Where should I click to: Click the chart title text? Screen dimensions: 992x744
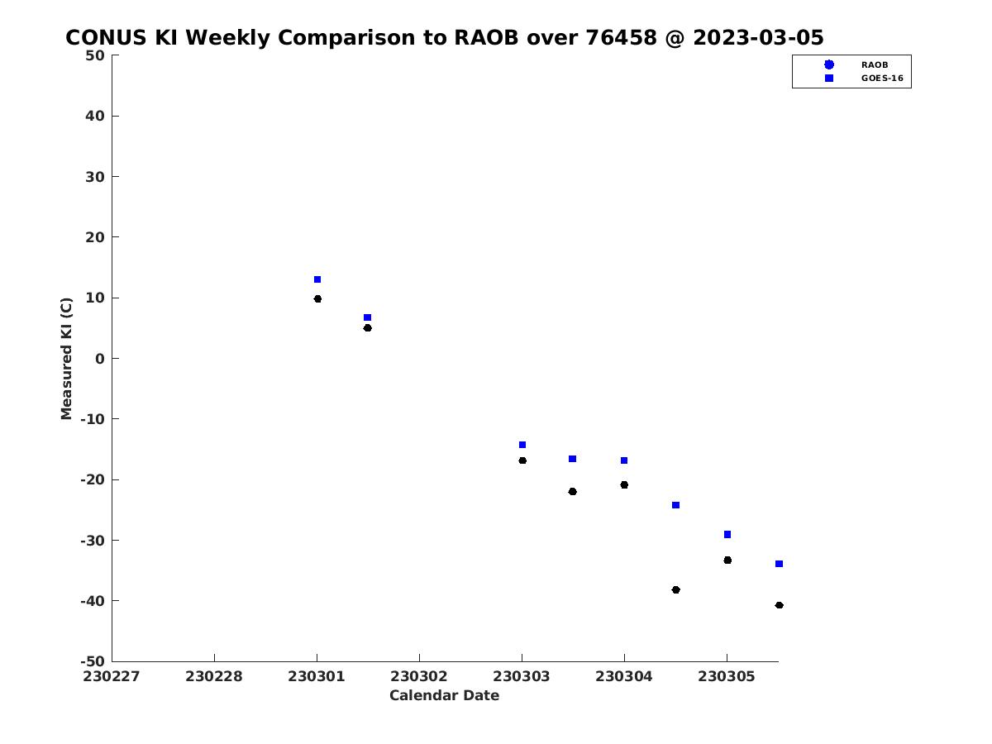pos(444,37)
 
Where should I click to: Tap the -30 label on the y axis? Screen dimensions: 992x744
pos(93,541)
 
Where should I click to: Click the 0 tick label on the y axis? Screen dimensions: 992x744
pos(100,359)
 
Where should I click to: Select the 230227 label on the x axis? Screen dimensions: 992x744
pos(111,676)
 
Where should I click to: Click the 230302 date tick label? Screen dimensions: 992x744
pos(418,676)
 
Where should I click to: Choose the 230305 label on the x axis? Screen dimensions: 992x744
pos(727,676)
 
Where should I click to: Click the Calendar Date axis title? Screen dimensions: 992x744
pos(444,695)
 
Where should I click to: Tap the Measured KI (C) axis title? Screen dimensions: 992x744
pos(66,359)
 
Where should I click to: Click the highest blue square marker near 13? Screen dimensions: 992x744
pos(317,279)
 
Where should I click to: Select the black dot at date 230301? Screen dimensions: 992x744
pos(317,298)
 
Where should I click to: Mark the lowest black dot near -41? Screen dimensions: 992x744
pos(780,605)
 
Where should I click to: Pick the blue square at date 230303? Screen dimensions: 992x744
pos(522,445)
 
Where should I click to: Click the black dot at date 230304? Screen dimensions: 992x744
pos(624,484)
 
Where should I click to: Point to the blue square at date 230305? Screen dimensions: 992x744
pos(727,534)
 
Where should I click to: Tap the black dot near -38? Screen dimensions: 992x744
pos(675,590)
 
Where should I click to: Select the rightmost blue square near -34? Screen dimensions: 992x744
pos(780,564)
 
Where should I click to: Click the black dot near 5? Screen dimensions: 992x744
pos(367,328)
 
